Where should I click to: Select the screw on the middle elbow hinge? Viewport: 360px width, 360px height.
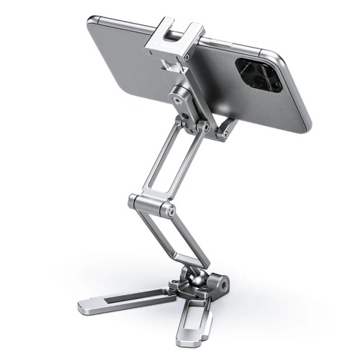click(171, 211)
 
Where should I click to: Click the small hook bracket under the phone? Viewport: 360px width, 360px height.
click(229, 128)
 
